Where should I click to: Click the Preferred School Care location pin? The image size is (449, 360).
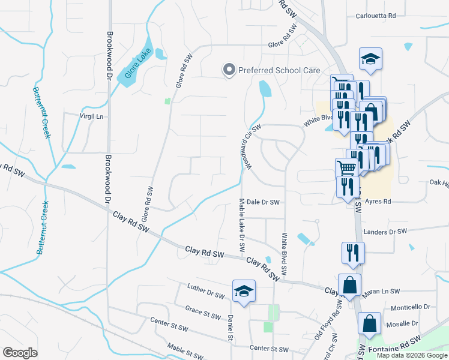[229, 70]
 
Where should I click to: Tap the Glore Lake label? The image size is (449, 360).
[137, 66]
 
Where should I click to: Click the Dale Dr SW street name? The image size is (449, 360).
[263, 203]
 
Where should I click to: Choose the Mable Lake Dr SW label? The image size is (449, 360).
[242, 226]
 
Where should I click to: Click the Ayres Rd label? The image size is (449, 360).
[379, 202]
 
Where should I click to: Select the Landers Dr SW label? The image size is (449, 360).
[385, 231]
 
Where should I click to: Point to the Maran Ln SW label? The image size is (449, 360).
[381, 292]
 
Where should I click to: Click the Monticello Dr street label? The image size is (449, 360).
[411, 307]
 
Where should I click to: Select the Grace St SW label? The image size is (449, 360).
[203, 313]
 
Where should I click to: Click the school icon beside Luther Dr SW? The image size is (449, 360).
[244, 291]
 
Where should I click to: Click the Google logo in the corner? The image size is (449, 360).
[20, 353]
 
